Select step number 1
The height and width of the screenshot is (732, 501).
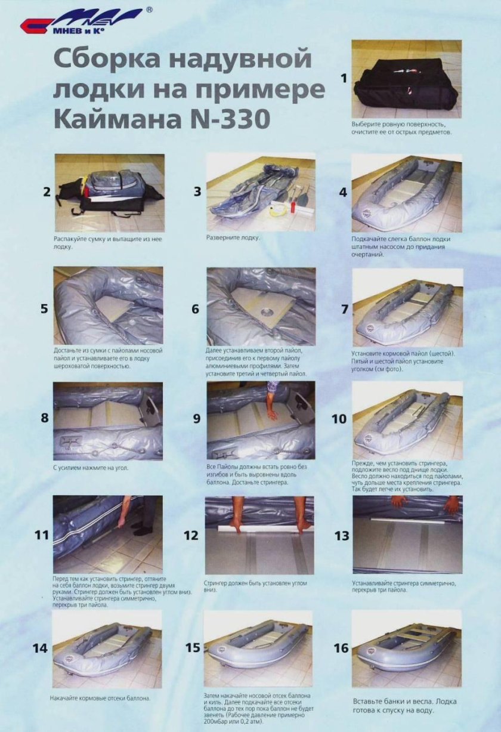click(342, 78)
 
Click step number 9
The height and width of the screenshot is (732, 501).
click(196, 418)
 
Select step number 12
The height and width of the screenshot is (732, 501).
click(191, 535)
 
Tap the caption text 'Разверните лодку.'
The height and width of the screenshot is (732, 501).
click(233, 237)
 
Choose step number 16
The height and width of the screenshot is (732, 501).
click(341, 648)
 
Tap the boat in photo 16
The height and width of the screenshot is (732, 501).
click(406, 648)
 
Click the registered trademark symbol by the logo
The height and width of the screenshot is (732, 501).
click(149, 10)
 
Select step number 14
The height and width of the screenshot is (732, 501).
click(40, 648)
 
